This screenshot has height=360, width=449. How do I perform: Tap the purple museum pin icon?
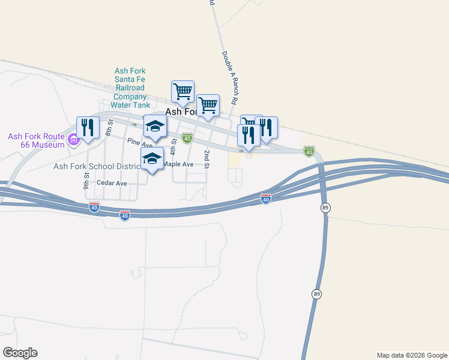[x=74, y=140]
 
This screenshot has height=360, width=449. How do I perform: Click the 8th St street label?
[x=109, y=127]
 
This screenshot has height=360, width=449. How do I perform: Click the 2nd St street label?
[x=206, y=159]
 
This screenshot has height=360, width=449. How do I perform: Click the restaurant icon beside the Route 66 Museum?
[x=88, y=127]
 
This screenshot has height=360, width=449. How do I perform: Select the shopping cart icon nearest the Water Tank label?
[x=182, y=92]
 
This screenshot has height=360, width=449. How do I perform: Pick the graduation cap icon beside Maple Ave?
[x=152, y=158]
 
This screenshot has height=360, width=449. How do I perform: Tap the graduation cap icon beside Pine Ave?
[x=155, y=127]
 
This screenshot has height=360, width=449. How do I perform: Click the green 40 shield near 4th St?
[x=187, y=139]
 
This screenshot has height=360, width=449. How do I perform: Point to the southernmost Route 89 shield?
[x=316, y=293]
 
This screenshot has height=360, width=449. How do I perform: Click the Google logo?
[x=20, y=352]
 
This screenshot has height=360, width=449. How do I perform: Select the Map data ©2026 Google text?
[x=412, y=355]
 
